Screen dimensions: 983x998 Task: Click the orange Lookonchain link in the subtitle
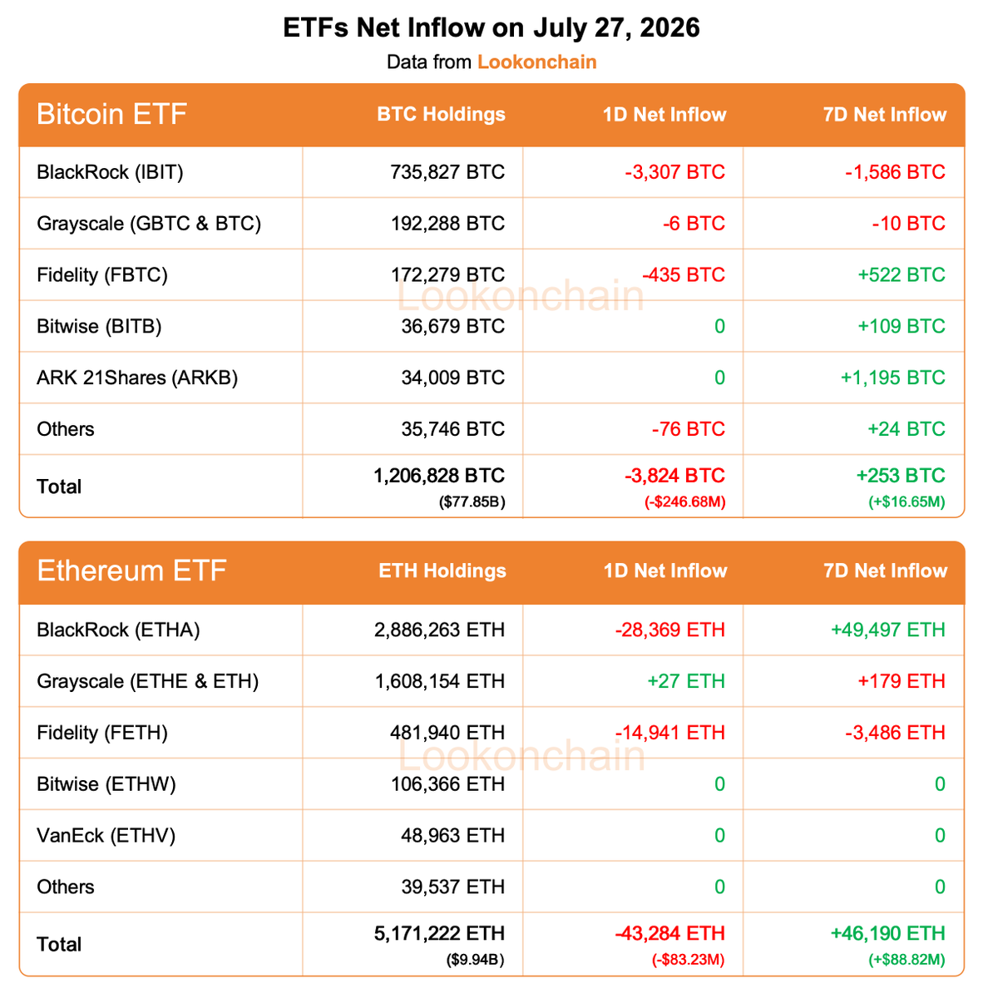click(x=536, y=62)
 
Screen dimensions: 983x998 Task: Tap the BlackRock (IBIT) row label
click(x=110, y=172)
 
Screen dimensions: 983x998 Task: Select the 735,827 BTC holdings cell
click(x=447, y=172)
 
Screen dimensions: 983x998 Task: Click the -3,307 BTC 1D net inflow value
click(x=674, y=172)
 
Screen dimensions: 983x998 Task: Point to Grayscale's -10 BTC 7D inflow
click(x=908, y=224)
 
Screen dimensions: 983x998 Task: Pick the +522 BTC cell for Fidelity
click(x=901, y=275)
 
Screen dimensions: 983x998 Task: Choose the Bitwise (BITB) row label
click(x=99, y=326)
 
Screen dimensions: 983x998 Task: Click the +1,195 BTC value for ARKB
click(x=892, y=378)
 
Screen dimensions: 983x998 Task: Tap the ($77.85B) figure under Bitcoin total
click(x=472, y=501)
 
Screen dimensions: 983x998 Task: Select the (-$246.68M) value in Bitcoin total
click(x=684, y=501)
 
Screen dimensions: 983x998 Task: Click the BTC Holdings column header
click(x=441, y=114)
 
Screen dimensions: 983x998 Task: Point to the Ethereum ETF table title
click(x=131, y=571)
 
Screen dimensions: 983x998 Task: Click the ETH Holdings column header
click(x=442, y=571)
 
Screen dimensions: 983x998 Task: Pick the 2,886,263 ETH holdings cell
click(x=439, y=630)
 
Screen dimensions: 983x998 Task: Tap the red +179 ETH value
click(x=901, y=681)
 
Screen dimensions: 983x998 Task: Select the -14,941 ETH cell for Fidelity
click(x=669, y=733)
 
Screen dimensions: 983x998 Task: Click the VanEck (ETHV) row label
click(x=106, y=835)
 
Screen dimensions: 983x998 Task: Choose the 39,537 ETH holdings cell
click(x=452, y=887)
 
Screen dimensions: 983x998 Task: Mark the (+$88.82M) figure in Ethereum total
click(x=906, y=960)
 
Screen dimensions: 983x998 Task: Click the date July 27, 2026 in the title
click(x=616, y=28)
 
